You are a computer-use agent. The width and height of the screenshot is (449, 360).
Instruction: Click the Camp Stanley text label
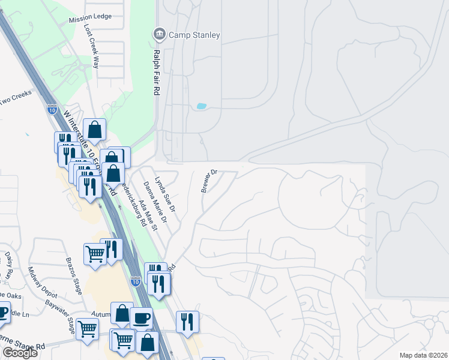coord(194,35)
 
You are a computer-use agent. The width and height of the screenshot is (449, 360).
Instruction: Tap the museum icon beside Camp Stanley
coord(159,34)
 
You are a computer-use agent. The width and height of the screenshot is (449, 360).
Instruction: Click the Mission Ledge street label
coord(90,17)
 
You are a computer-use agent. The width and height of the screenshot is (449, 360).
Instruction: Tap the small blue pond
coord(201,107)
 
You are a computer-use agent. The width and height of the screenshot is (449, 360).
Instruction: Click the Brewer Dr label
coord(209,181)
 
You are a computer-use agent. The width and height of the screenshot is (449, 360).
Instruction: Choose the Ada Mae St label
coord(148,216)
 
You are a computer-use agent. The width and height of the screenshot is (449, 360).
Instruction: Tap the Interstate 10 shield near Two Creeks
coord(52,109)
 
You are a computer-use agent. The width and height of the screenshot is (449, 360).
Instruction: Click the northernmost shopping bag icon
coord(95,128)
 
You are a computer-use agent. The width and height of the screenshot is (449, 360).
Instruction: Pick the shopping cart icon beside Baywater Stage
coord(88,328)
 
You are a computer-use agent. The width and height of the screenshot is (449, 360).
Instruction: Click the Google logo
coord(20,353)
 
